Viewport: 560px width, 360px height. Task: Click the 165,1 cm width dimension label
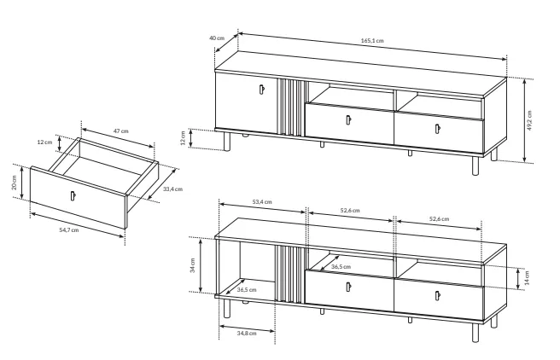click(372, 41)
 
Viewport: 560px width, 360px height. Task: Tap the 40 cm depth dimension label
click(217, 38)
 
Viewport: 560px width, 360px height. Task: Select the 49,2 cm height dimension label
click(529, 120)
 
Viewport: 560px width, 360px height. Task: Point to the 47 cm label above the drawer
click(121, 131)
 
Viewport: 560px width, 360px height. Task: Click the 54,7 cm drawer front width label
click(69, 230)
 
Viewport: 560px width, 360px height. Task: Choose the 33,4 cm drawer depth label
click(172, 189)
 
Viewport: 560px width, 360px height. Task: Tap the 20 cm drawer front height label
click(14, 183)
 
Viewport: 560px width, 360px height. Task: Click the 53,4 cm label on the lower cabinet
click(262, 202)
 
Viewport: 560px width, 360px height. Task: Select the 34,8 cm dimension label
click(247, 334)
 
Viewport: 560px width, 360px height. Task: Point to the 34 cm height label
click(193, 265)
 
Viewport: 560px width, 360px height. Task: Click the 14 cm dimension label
click(528, 278)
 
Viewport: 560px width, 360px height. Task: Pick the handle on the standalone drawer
click(73, 196)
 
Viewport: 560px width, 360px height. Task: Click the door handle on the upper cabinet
click(262, 90)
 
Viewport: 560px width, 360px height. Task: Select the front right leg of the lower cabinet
click(475, 333)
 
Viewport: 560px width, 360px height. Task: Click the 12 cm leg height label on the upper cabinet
click(184, 138)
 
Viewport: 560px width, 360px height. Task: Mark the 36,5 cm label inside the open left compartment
click(247, 290)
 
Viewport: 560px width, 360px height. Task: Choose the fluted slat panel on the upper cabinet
click(291, 107)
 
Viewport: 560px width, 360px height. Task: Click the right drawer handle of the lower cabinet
click(437, 296)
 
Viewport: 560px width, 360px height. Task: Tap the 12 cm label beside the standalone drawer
click(44, 142)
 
